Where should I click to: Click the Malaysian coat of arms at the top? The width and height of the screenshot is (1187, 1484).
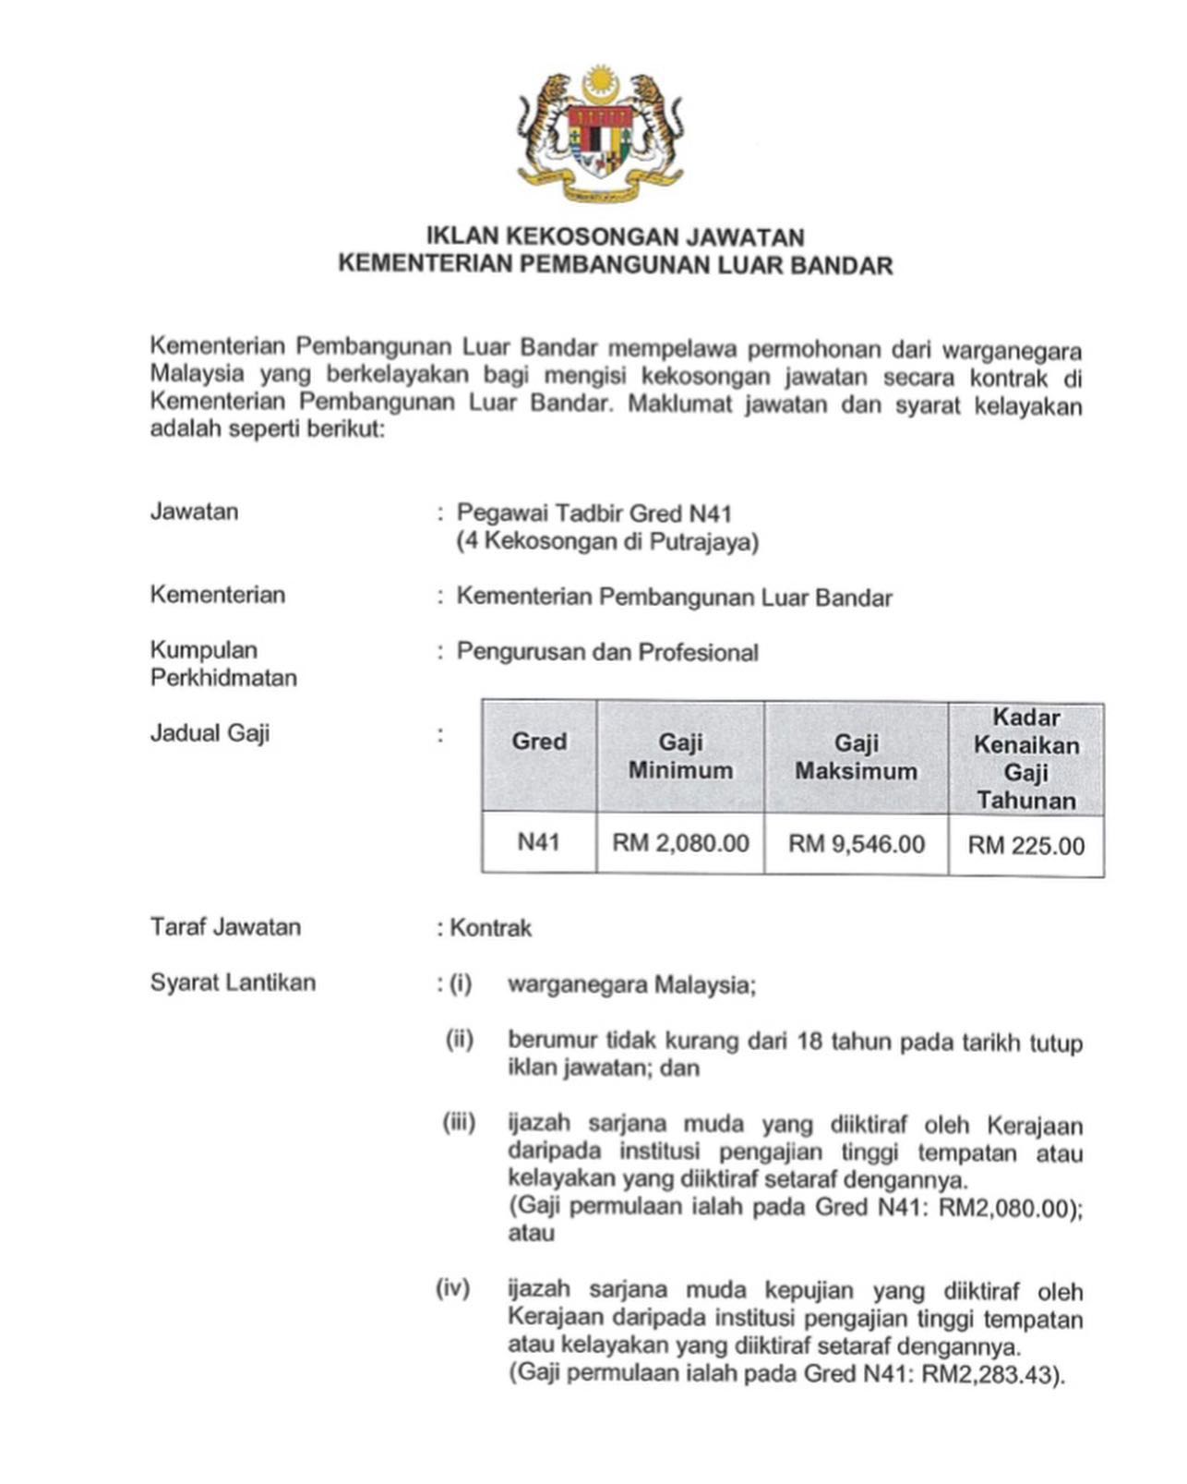click(x=600, y=132)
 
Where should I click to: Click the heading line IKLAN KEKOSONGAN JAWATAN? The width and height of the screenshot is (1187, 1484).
click(x=615, y=237)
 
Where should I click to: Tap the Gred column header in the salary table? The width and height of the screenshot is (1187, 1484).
click(x=539, y=742)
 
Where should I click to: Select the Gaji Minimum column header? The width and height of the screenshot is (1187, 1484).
click(x=680, y=756)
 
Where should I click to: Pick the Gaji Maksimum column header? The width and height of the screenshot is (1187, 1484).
click(x=856, y=757)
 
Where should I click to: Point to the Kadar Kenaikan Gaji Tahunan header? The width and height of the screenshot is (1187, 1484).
click(x=1025, y=758)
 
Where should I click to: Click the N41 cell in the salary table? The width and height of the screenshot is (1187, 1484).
click(x=538, y=842)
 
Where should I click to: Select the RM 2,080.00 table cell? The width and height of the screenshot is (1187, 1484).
click(x=680, y=843)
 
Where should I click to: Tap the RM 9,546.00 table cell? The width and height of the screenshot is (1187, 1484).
click(x=856, y=844)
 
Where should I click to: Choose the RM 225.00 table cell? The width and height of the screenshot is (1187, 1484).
click(x=1025, y=846)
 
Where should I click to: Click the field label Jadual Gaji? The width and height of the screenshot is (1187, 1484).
click(x=210, y=733)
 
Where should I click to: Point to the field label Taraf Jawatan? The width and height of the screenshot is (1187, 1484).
click(x=225, y=927)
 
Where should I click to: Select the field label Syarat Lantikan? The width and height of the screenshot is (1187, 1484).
click(x=233, y=983)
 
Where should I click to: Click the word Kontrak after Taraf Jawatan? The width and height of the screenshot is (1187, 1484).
click(x=490, y=928)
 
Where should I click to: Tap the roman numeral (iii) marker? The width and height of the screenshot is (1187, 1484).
click(x=459, y=1123)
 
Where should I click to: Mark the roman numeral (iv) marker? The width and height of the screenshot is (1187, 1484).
click(x=453, y=1288)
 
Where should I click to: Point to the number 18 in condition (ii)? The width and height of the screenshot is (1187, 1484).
click(x=809, y=1042)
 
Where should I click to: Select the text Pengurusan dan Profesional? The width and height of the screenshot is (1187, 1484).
click(x=607, y=652)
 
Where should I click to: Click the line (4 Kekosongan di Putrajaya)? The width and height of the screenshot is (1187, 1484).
click(x=607, y=541)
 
